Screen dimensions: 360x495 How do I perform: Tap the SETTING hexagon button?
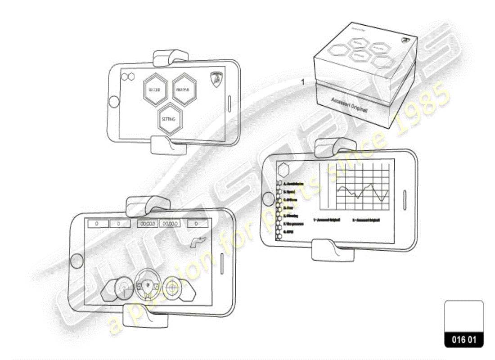click(x=169, y=120)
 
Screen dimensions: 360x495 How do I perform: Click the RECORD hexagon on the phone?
click(x=155, y=90)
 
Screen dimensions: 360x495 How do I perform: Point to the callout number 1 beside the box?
click(x=303, y=82)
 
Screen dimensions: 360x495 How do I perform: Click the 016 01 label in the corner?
click(x=463, y=340)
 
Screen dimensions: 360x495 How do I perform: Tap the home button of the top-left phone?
click(x=114, y=100)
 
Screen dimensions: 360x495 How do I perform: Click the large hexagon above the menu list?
click(x=283, y=170)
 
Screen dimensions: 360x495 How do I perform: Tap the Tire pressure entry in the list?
click(x=293, y=223)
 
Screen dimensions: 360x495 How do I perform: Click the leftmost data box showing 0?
click(x=96, y=223)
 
